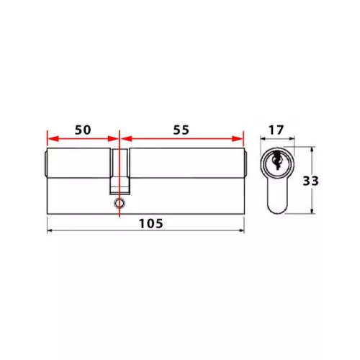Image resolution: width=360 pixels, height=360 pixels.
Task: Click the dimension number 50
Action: (83, 130)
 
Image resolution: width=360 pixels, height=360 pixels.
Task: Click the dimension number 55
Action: (181, 130)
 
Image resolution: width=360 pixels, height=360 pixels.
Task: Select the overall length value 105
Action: (151, 224)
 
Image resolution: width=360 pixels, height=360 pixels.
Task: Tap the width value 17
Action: (276, 130)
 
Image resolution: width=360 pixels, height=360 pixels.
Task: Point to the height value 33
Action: (310, 181)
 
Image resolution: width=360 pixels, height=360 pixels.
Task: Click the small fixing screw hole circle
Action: (120, 203)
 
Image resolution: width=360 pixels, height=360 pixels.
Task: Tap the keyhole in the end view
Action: (276, 160)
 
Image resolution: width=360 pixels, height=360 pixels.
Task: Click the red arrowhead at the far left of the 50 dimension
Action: (53, 138)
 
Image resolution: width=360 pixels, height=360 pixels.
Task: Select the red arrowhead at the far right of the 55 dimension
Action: (238, 138)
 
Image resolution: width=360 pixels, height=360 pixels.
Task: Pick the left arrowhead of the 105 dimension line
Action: (50, 230)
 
